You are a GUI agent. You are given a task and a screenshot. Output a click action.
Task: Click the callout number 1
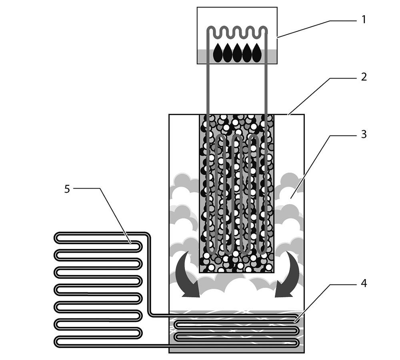[x=364, y=19]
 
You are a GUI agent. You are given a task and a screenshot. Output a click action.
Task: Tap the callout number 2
[x=364, y=77]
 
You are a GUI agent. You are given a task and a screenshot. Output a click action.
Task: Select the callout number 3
[x=364, y=134]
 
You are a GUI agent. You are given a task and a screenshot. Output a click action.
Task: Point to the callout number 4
[x=364, y=283]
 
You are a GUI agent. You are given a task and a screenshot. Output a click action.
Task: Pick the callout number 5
[x=67, y=189]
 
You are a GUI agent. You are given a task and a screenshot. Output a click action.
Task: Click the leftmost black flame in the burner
[x=218, y=52]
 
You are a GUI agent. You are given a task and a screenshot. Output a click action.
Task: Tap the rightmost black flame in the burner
[x=257, y=52]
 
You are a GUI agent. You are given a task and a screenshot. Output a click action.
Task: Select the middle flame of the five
[x=237, y=52]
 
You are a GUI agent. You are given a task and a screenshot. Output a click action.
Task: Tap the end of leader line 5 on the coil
[x=130, y=242]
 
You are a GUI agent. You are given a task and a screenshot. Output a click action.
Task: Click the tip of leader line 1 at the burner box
[x=277, y=38]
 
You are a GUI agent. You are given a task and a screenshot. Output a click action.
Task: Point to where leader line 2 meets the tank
[x=288, y=115]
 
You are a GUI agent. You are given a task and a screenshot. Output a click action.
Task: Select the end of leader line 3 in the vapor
[x=291, y=198]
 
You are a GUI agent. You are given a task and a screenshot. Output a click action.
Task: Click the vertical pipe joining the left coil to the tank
[x=149, y=274]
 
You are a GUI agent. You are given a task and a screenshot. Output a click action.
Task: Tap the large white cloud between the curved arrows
[x=237, y=291]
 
